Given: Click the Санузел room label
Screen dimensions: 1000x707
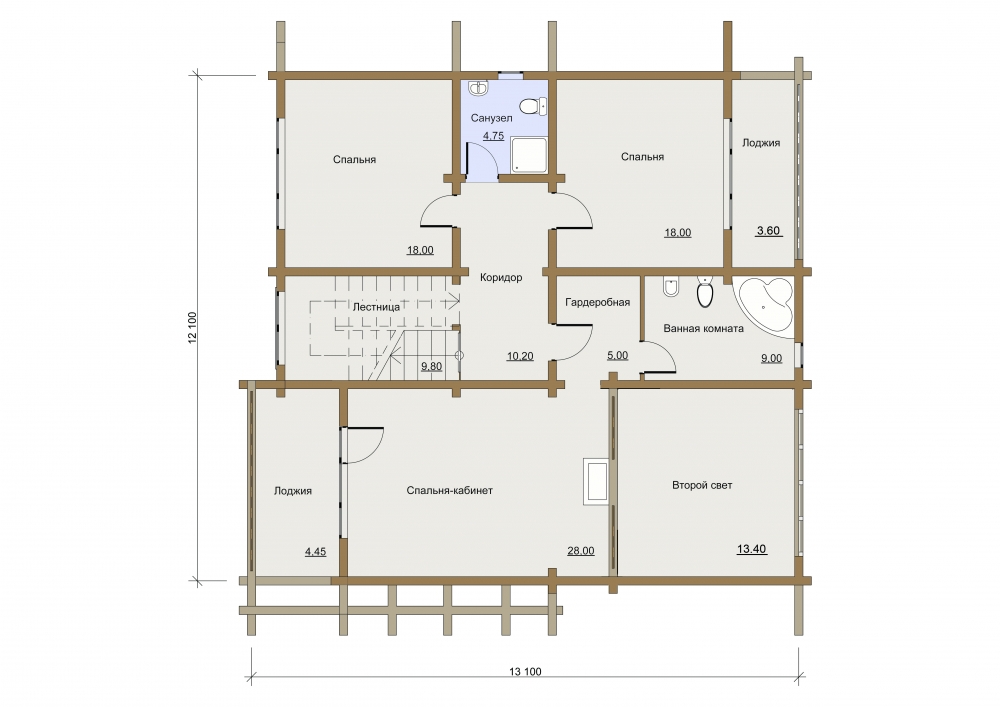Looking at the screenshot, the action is click(x=491, y=118).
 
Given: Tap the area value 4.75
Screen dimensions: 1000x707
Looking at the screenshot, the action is click(x=493, y=136).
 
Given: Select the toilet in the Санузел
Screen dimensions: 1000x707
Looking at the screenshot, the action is click(x=533, y=106).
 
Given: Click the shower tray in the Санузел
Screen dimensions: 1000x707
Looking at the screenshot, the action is click(x=529, y=154).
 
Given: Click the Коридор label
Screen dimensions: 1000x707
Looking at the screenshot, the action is click(x=501, y=277).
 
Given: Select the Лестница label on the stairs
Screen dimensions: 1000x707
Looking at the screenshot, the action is click(x=376, y=307).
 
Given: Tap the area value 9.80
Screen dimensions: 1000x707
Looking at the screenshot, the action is click(x=431, y=367).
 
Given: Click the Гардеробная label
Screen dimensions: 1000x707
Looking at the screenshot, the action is click(x=598, y=302).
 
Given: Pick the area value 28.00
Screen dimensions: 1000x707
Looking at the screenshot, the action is click(x=580, y=551).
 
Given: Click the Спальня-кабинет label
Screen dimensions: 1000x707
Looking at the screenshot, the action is click(x=450, y=490).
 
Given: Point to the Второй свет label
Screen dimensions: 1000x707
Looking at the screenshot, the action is click(x=702, y=485).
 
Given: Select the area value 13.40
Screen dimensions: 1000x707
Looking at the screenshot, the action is click(x=751, y=549).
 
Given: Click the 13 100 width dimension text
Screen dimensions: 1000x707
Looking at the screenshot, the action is click(x=526, y=671).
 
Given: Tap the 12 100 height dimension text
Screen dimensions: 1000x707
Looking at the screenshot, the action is click(x=193, y=328).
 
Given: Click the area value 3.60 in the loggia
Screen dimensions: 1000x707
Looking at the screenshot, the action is click(x=768, y=231).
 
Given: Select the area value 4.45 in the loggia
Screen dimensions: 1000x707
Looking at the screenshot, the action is click(x=315, y=551).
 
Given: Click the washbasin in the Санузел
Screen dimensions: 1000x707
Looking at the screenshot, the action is click(x=478, y=88).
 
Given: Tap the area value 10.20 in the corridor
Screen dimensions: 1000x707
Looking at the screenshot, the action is click(x=520, y=356).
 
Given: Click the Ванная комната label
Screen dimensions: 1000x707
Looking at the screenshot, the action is click(x=703, y=328).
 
